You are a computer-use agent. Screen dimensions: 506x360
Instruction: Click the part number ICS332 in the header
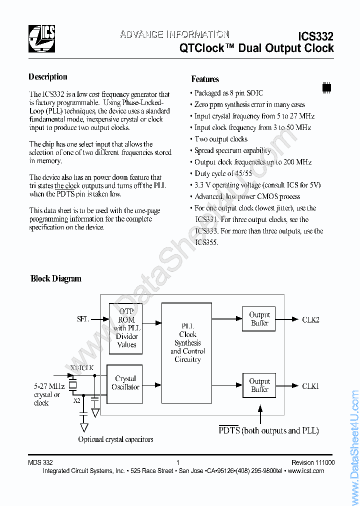315,36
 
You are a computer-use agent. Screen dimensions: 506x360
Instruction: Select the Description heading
48,77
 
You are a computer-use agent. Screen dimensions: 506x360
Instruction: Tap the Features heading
205,79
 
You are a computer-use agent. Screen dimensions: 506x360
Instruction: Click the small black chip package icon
326,86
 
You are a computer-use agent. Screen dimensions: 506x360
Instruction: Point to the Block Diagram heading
56,278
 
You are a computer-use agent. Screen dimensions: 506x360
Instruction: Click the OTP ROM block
126,328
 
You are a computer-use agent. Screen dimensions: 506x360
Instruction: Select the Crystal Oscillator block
125,383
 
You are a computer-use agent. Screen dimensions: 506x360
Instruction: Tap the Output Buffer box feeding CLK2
259,319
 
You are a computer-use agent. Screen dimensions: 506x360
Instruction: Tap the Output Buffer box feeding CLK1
259,385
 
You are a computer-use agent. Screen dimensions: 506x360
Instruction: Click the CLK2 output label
310,319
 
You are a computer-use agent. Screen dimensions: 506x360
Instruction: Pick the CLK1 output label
310,386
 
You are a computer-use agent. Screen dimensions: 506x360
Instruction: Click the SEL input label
83,319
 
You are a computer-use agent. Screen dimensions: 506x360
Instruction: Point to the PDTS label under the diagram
229,430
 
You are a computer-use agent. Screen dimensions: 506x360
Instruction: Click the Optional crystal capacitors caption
115,439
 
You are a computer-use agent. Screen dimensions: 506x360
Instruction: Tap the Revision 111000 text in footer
313,463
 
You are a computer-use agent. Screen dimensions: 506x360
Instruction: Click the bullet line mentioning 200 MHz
252,162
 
